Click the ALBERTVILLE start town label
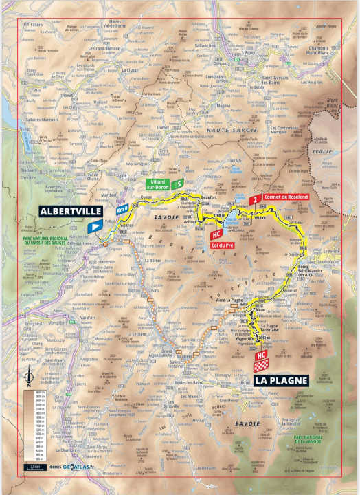point(66,210)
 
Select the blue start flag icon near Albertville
point(94,226)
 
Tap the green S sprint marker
point(177,184)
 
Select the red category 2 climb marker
point(255,199)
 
